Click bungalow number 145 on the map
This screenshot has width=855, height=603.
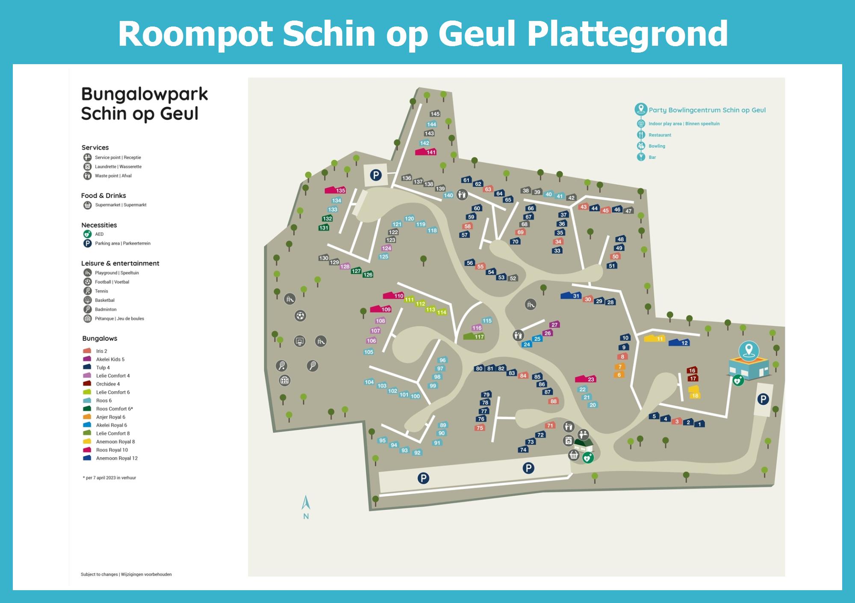(x=435, y=114)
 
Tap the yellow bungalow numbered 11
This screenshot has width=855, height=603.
(x=655, y=338)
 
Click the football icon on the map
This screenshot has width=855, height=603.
(x=301, y=316)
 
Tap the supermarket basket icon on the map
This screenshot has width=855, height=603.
(x=574, y=455)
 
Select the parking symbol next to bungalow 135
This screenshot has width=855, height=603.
(x=376, y=174)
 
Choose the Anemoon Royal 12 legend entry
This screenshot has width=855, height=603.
(x=117, y=458)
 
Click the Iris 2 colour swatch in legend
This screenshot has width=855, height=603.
(x=87, y=351)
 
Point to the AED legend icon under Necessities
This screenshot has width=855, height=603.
(x=88, y=234)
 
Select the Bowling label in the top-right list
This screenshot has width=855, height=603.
(x=657, y=146)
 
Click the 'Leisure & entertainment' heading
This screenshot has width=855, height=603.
(x=120, y=263)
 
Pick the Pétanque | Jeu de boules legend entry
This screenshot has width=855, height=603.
(x=119, y=319)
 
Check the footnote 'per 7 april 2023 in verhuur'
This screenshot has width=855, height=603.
(x=110, y=478)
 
